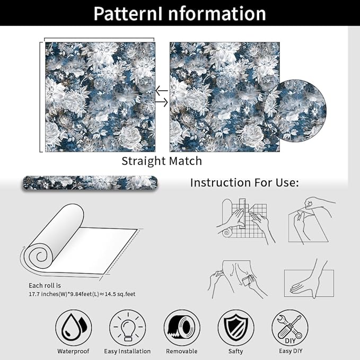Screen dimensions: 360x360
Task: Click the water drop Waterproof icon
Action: pos(73,328)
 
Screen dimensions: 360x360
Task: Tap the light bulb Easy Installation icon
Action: pos(128,328)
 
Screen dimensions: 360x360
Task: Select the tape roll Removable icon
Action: pos(182,328)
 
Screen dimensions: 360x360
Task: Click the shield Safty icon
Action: pos(236,328)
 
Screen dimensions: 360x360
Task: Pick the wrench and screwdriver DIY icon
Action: pos(290,328)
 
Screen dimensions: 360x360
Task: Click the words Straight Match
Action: pos(162,161)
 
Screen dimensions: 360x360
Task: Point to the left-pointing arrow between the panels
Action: pos(162,91)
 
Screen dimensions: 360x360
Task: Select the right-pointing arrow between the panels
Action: pos(162,102)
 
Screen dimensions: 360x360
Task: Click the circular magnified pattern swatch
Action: pos(295,111)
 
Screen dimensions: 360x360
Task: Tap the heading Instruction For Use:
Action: pos(244,183)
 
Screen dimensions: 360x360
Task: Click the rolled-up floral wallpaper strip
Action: pos(90,183)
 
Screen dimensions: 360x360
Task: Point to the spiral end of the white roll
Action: pos(41,256)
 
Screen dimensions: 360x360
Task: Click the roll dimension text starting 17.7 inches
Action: pos(82,294)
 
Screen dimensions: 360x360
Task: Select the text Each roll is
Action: pos(45,285)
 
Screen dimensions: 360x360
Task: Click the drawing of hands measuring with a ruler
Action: pos(245,221)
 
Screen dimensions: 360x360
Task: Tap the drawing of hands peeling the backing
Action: pos(312,221)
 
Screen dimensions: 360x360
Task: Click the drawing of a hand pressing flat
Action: pos(309,279)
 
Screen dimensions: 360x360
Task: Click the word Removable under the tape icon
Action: pos(182,352)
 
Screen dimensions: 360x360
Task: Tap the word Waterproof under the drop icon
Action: pos(73,352)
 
